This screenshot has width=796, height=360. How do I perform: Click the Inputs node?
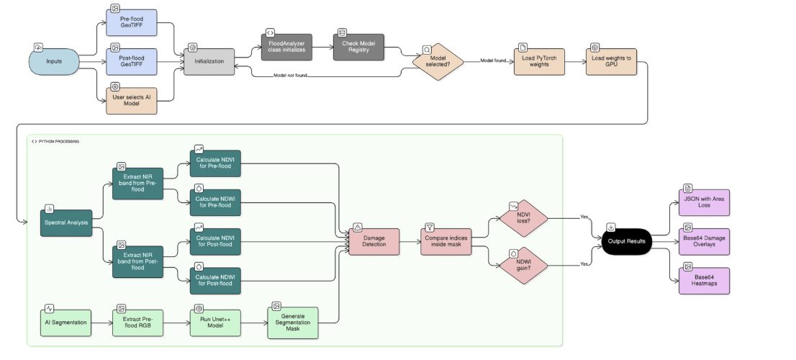tap(53, 61)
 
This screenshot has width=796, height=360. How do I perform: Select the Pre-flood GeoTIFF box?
tap(131, 22)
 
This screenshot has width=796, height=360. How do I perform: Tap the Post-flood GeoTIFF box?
tap(131, 61)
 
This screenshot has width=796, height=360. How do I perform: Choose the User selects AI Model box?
tap(131, 100)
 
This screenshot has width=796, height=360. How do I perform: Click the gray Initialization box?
tap(209, 61)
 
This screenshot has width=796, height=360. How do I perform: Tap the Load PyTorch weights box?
tap(539, 61)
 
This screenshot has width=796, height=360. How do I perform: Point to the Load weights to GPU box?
tap(611, 61)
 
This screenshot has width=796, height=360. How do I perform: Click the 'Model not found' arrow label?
tap(291, 76)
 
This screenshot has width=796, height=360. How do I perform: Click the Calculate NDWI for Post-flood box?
tap(215, 279)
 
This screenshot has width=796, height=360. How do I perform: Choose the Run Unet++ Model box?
tap(215, 322)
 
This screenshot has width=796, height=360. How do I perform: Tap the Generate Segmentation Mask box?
tap(292, 322)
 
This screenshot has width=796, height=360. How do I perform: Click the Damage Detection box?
tap(374, 241)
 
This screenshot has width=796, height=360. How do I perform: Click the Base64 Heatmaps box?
tap(704, 281)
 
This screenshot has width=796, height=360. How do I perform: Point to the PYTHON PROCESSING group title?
tap(56, 141)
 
